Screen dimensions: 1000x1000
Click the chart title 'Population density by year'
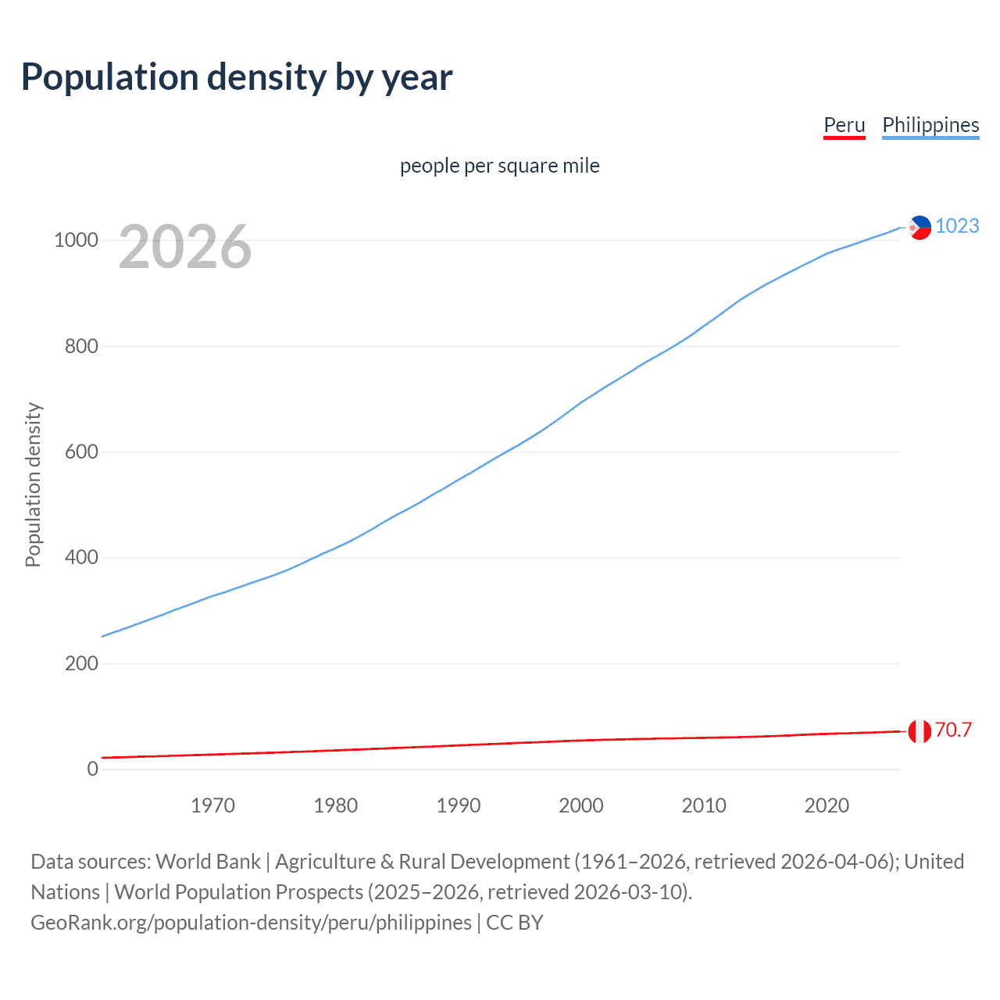click(237, 77)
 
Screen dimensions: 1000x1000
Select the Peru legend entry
click(845, 125)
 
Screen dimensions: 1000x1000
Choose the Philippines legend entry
click(930, 125)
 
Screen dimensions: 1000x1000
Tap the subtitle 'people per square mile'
click(500, 166)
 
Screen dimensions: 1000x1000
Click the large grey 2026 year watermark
click(185, 247)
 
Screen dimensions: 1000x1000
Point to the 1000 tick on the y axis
click(76, 240)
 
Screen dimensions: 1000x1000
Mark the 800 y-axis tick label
click(81, 346)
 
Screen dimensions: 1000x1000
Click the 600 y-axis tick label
click(81, 452)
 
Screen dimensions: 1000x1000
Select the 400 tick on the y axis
click(81, 558)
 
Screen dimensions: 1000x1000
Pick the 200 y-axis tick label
click(81, 663)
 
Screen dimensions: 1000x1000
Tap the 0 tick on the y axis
click(93, 769)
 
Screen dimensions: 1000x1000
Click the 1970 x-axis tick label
click(212, 805)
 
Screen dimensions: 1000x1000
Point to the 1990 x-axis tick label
click(459, 805)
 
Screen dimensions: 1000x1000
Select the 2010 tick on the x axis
click(704, 805)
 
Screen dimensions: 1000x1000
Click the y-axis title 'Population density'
click(33, 484)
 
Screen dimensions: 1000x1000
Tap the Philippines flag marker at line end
click(920, 227)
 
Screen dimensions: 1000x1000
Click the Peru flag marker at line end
click(920, 732)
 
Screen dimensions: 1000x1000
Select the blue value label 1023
click(957, 226)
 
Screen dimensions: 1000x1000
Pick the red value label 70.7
click(953, 730)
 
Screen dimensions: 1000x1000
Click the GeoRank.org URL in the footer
click(251, 923)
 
